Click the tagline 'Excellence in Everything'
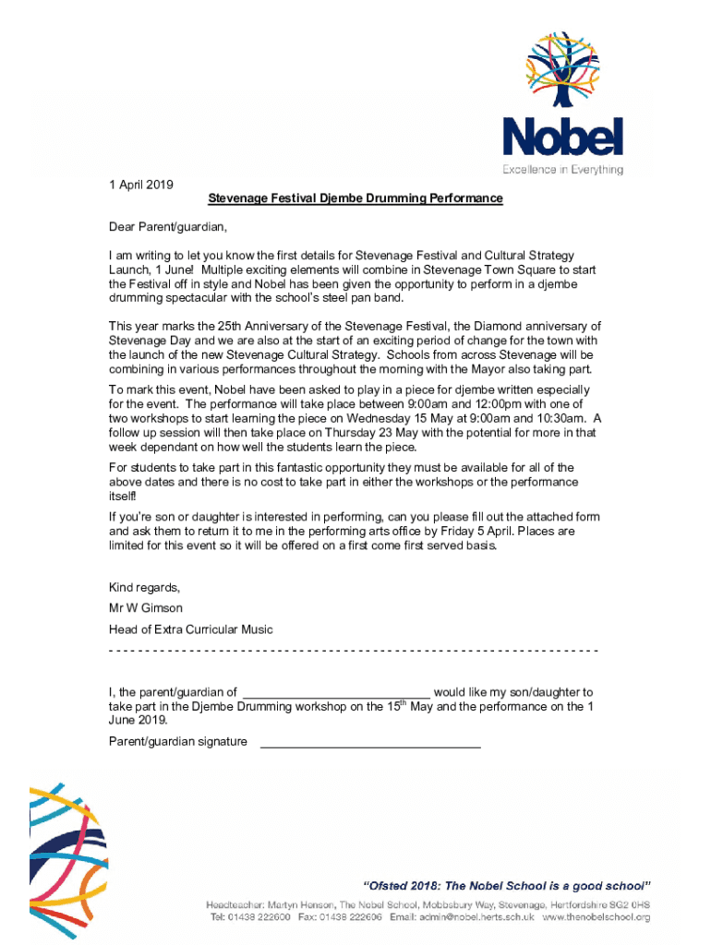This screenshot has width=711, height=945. tap(562, 170)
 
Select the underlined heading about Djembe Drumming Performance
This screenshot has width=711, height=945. tap(355, 198)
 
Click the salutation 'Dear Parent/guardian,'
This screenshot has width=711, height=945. tap(168, 226)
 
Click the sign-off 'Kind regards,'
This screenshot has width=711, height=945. tap(145, 588)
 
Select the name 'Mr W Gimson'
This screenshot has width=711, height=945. tap(146, 608)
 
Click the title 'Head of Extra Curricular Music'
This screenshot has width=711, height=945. tap(191, 629)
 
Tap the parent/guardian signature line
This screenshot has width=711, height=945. tap(370, 744)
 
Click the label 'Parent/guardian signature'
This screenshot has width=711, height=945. tap(178, 741)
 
